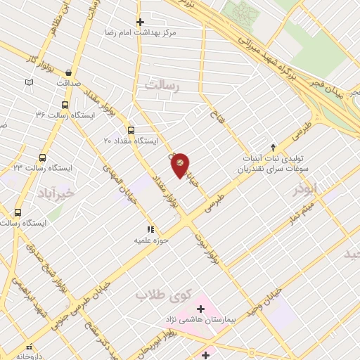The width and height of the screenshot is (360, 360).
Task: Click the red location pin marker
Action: point(180,165)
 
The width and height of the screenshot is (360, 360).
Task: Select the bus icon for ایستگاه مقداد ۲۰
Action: point(131,130)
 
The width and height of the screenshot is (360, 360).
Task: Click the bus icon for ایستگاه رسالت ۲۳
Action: point(43,158)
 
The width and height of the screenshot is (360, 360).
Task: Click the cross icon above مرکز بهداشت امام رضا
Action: point(140,22)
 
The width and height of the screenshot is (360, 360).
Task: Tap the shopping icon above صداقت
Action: point(68,72)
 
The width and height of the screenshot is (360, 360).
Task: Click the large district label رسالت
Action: point(163,85)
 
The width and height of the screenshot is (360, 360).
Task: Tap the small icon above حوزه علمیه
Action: point(149,229)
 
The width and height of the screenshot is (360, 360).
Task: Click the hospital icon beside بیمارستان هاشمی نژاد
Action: point(201,309)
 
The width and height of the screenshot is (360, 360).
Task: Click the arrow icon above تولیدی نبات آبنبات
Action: point(273,146)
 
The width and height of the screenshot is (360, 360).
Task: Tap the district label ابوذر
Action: point(309,188)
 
